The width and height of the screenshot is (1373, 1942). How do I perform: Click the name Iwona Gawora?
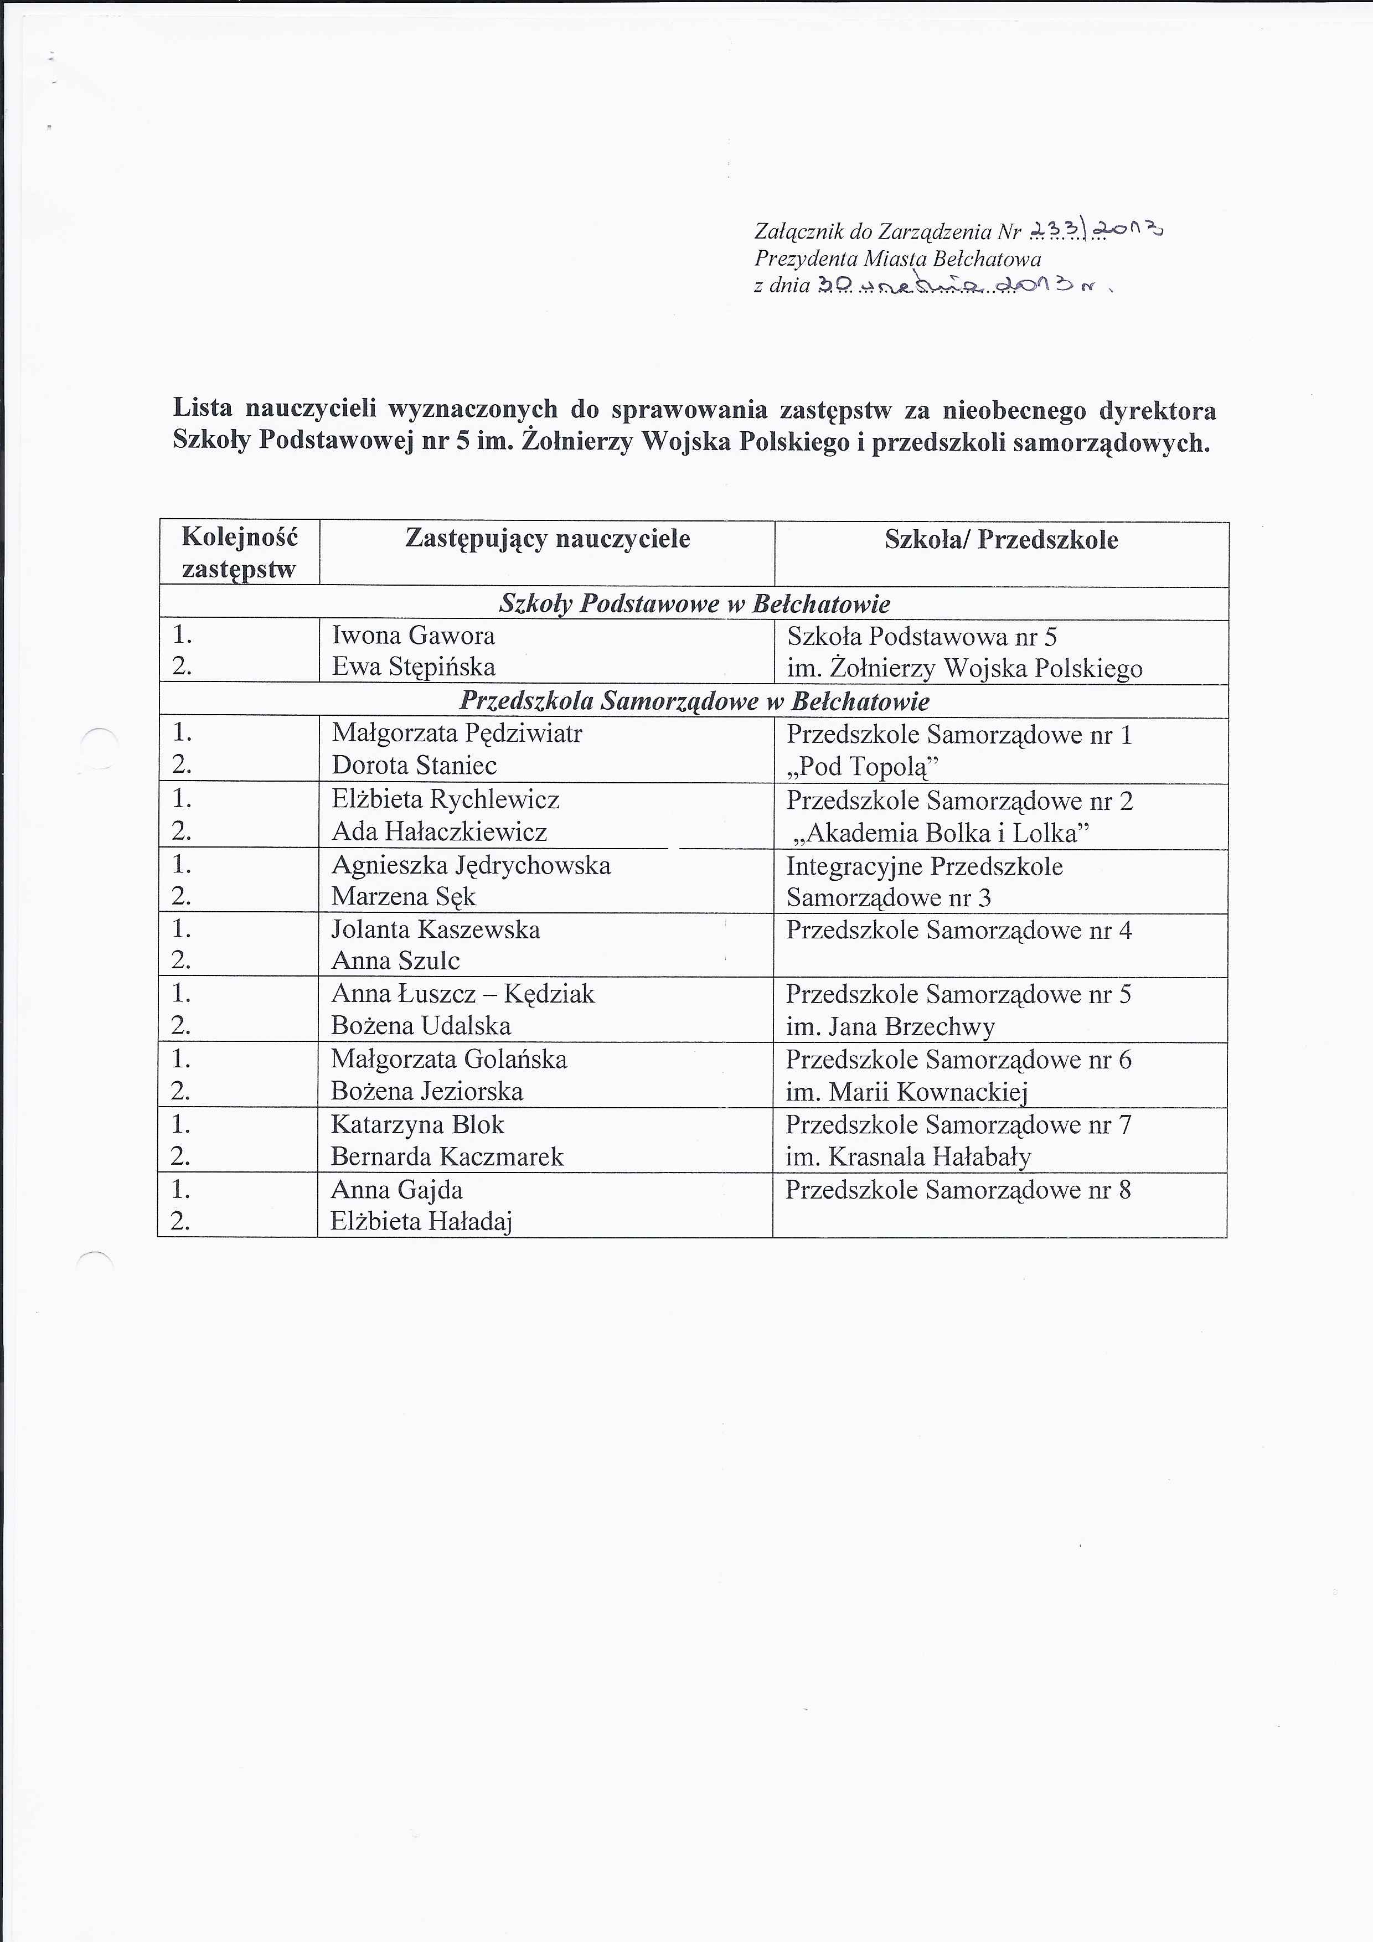[x=413, y=635]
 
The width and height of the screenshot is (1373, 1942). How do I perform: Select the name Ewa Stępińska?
[x=413, y=667]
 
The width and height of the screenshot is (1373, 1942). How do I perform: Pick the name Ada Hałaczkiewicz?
[x=439, y=832]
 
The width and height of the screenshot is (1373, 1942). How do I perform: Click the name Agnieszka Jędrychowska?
[x=471, y=865]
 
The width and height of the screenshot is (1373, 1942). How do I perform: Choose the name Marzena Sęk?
[x=404, y=897]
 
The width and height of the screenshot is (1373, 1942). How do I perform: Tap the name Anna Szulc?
[x=395, y=961]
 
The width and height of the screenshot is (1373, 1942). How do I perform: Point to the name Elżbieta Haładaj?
[x=421, y=1221]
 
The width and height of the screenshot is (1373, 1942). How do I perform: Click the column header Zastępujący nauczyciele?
[x=548, y=540]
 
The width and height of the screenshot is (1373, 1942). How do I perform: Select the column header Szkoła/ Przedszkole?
[x=1001, y=540]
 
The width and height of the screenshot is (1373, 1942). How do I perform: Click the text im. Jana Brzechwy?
[x=890, y=1027]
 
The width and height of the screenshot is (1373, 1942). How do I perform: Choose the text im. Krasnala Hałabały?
[x=908, y=1156]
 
